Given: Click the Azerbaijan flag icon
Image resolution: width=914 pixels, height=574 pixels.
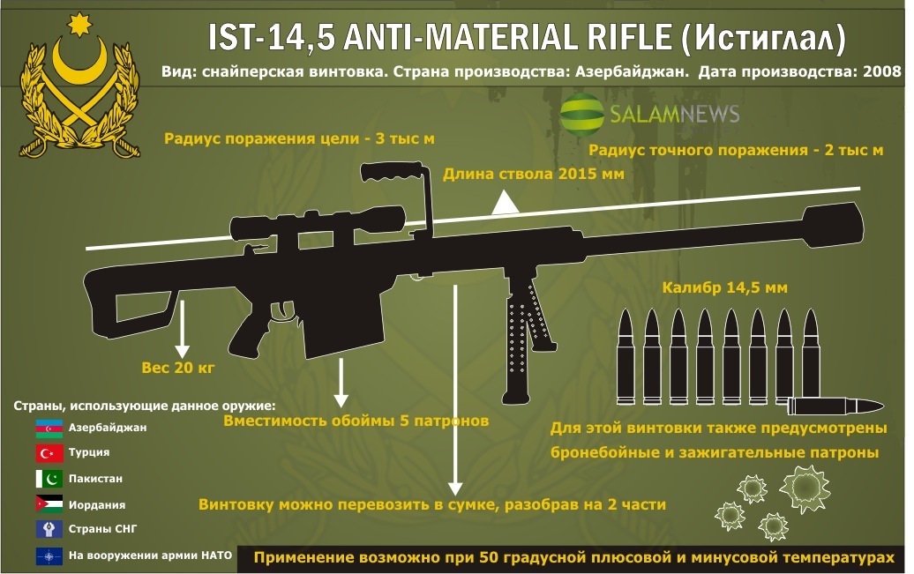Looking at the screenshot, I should (x=48, y=429).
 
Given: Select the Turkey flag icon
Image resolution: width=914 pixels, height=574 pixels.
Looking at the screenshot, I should (x=48, y=453).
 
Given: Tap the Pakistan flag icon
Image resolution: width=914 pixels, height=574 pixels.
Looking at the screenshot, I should (x=48, y=479).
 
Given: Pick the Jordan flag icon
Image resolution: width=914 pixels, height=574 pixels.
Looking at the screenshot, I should (x=48, y=504).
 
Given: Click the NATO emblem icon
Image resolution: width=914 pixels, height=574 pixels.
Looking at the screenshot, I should (x=48, y=556).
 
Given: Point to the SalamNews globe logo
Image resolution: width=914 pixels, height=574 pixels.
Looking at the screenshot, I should (x=581, y=113).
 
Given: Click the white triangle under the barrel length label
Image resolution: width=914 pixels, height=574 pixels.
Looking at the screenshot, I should (x=504, y=205).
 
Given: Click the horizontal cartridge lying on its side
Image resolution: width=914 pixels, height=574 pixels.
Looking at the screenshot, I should (x=834, y=406).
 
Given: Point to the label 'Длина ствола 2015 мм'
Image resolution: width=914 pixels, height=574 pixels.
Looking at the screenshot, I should (x=533, y=174).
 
